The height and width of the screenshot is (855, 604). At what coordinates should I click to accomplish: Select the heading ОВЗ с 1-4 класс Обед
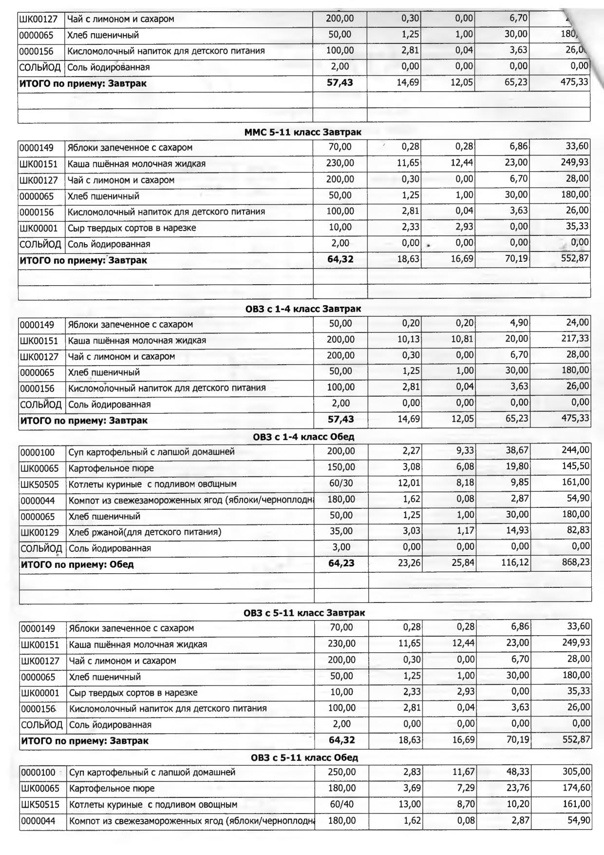[303, 437]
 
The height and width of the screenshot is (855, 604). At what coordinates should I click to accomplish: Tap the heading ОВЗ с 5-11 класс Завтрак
[304, 613]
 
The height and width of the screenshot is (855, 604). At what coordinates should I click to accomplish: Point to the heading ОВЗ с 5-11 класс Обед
[304, 758]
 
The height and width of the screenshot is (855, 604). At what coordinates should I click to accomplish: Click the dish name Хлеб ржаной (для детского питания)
[145, 532]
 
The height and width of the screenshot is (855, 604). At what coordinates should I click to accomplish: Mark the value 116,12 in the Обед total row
[515, 563]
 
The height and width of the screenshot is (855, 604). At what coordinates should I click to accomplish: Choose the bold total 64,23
[341, 563]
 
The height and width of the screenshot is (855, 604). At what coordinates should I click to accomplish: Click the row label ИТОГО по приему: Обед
[77, 564]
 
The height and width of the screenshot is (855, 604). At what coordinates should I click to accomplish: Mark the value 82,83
[578, 530]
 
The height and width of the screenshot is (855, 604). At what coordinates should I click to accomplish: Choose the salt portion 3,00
[341, 547]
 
